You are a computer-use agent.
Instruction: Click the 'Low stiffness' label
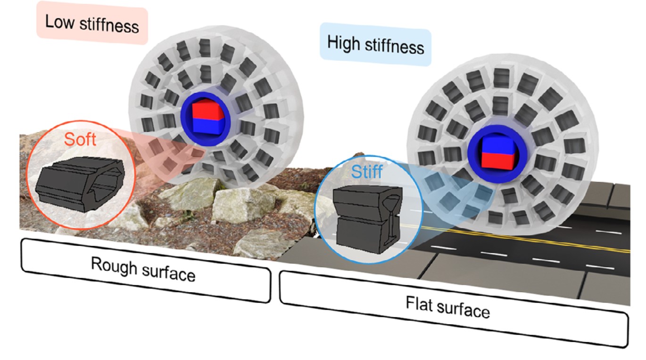pyautogui.click(x=92, y=24)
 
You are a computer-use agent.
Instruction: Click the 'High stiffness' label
pyautogui.click(x=375, y=46)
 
